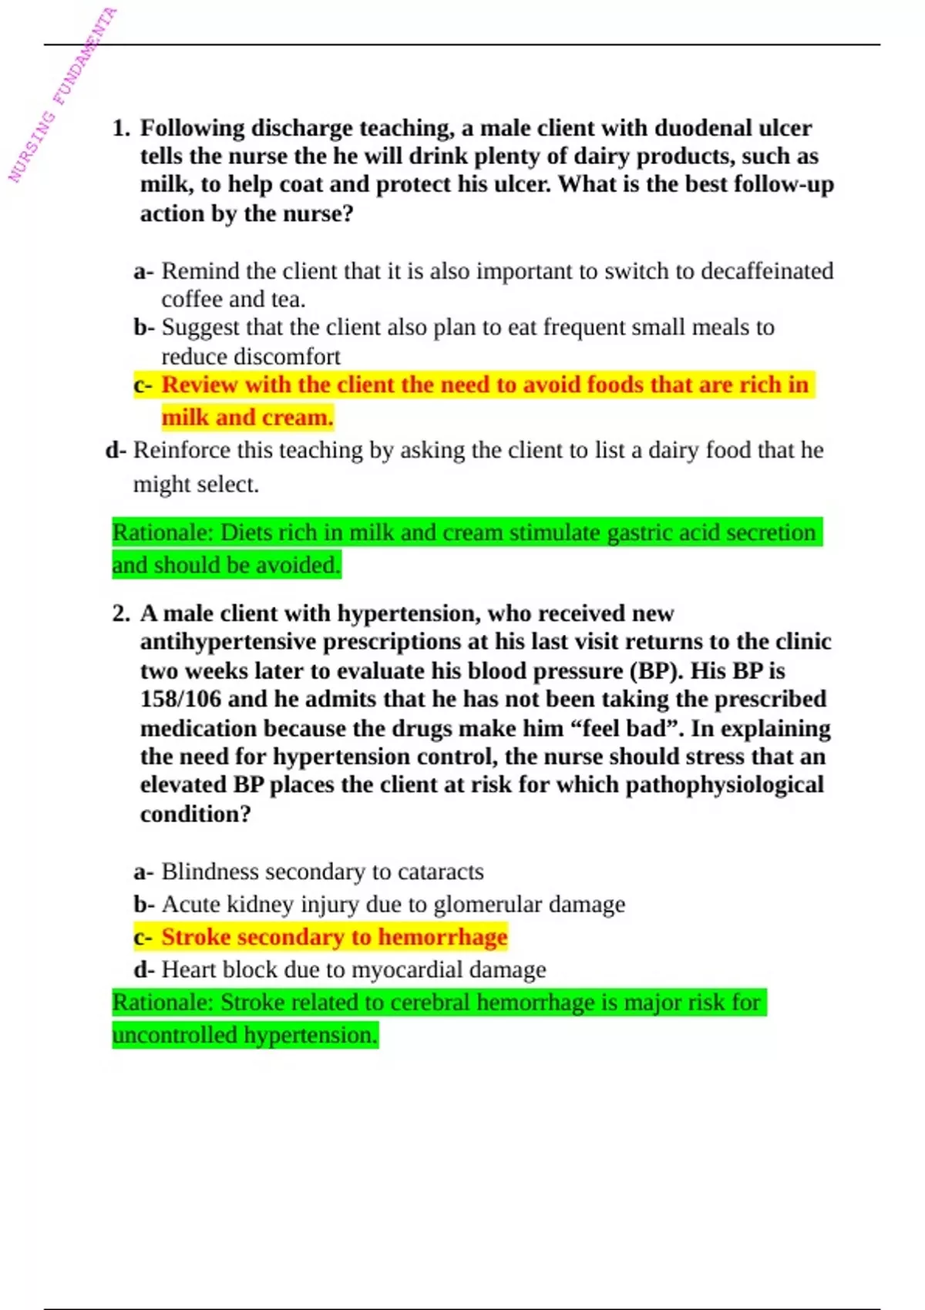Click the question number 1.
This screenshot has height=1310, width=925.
[x=120, y=128]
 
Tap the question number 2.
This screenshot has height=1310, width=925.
[x=120, y=613]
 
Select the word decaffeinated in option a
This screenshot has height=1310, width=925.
[x=767, y=271]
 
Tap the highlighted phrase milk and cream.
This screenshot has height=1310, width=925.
[x=247, y=418]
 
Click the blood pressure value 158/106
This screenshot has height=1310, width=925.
[x=180, y=699]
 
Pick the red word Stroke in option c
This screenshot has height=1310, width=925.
[x=196, y=937]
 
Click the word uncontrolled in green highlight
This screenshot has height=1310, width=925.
[x=174, y=1035]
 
